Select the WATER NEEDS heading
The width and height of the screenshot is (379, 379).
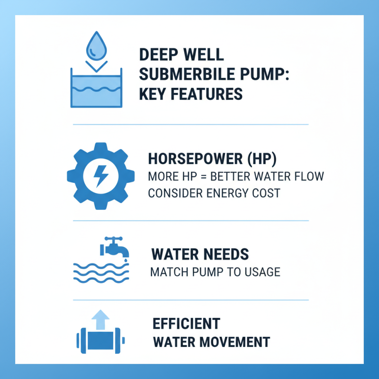click(199, 254)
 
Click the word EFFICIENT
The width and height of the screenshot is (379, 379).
click(186, 324)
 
